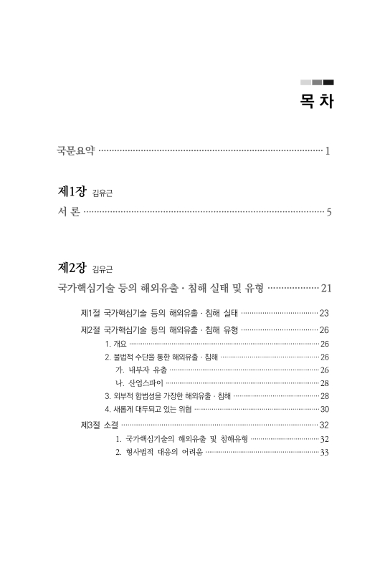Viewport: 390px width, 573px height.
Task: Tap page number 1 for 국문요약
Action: (327, 151)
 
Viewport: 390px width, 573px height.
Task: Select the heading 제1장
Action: (72, 191)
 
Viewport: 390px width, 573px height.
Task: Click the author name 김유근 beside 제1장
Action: (103, 193)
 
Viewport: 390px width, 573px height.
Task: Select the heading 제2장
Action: (72, 268)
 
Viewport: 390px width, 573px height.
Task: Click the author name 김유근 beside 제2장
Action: (103, 270)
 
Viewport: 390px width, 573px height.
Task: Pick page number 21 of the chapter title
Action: (325, 289)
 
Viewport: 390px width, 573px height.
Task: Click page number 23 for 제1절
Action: (323, 313)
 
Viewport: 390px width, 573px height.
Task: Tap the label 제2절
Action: (90, 329)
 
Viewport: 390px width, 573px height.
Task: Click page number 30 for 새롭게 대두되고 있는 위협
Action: (324, 409)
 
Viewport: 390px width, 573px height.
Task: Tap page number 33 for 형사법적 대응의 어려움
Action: (324, 452)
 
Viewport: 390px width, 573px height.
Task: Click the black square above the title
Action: (328, 82)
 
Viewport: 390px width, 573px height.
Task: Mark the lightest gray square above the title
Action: (305, 82)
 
